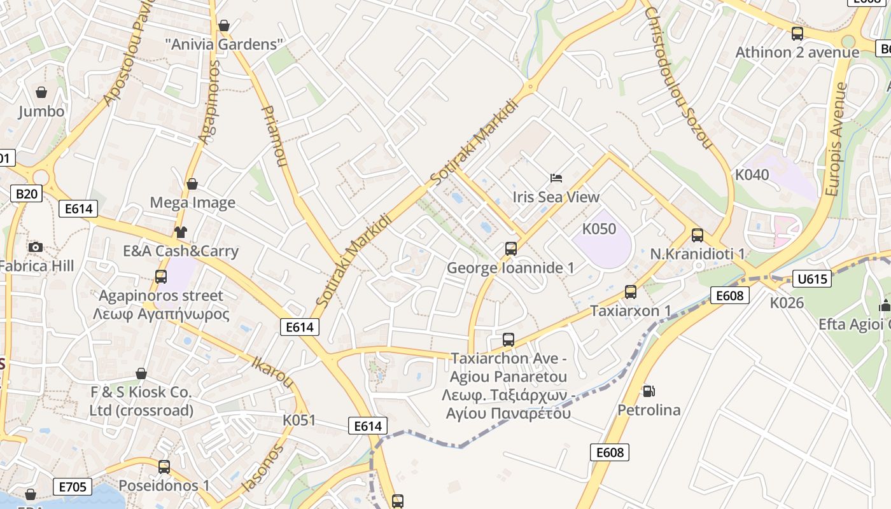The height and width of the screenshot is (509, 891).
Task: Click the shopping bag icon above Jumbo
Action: click(41, 92)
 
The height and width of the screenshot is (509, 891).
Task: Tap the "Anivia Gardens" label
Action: click(223, 45)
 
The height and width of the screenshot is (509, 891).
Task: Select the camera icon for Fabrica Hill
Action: click(36, 247)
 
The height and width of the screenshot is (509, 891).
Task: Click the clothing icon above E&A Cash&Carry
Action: click(181, 232)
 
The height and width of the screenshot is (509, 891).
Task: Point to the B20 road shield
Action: click(26, 193)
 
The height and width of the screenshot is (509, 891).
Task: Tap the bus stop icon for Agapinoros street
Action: click(161, 277)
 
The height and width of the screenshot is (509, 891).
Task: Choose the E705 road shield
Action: click(72, 487)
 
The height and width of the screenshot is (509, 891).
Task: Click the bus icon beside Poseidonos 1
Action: click(164, 467)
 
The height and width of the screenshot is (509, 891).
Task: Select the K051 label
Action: click(299, 421)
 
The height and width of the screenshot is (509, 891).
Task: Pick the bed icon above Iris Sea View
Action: click(556, 178)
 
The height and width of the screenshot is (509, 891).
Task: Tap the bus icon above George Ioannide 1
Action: click(510, 249)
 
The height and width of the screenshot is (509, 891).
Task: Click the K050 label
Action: click(599, 228)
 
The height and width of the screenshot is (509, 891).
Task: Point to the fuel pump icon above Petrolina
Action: click(649, 391)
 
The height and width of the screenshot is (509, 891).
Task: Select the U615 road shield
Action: click(812, 278)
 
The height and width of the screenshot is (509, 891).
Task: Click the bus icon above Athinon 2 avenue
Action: click(797, 34)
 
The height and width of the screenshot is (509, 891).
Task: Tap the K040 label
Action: click(752, 174)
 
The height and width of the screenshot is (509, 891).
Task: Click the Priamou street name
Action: click(274, 136)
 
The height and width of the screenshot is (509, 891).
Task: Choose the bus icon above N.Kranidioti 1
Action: click(698, 235)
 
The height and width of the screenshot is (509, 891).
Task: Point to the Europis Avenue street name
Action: click(836, 139)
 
